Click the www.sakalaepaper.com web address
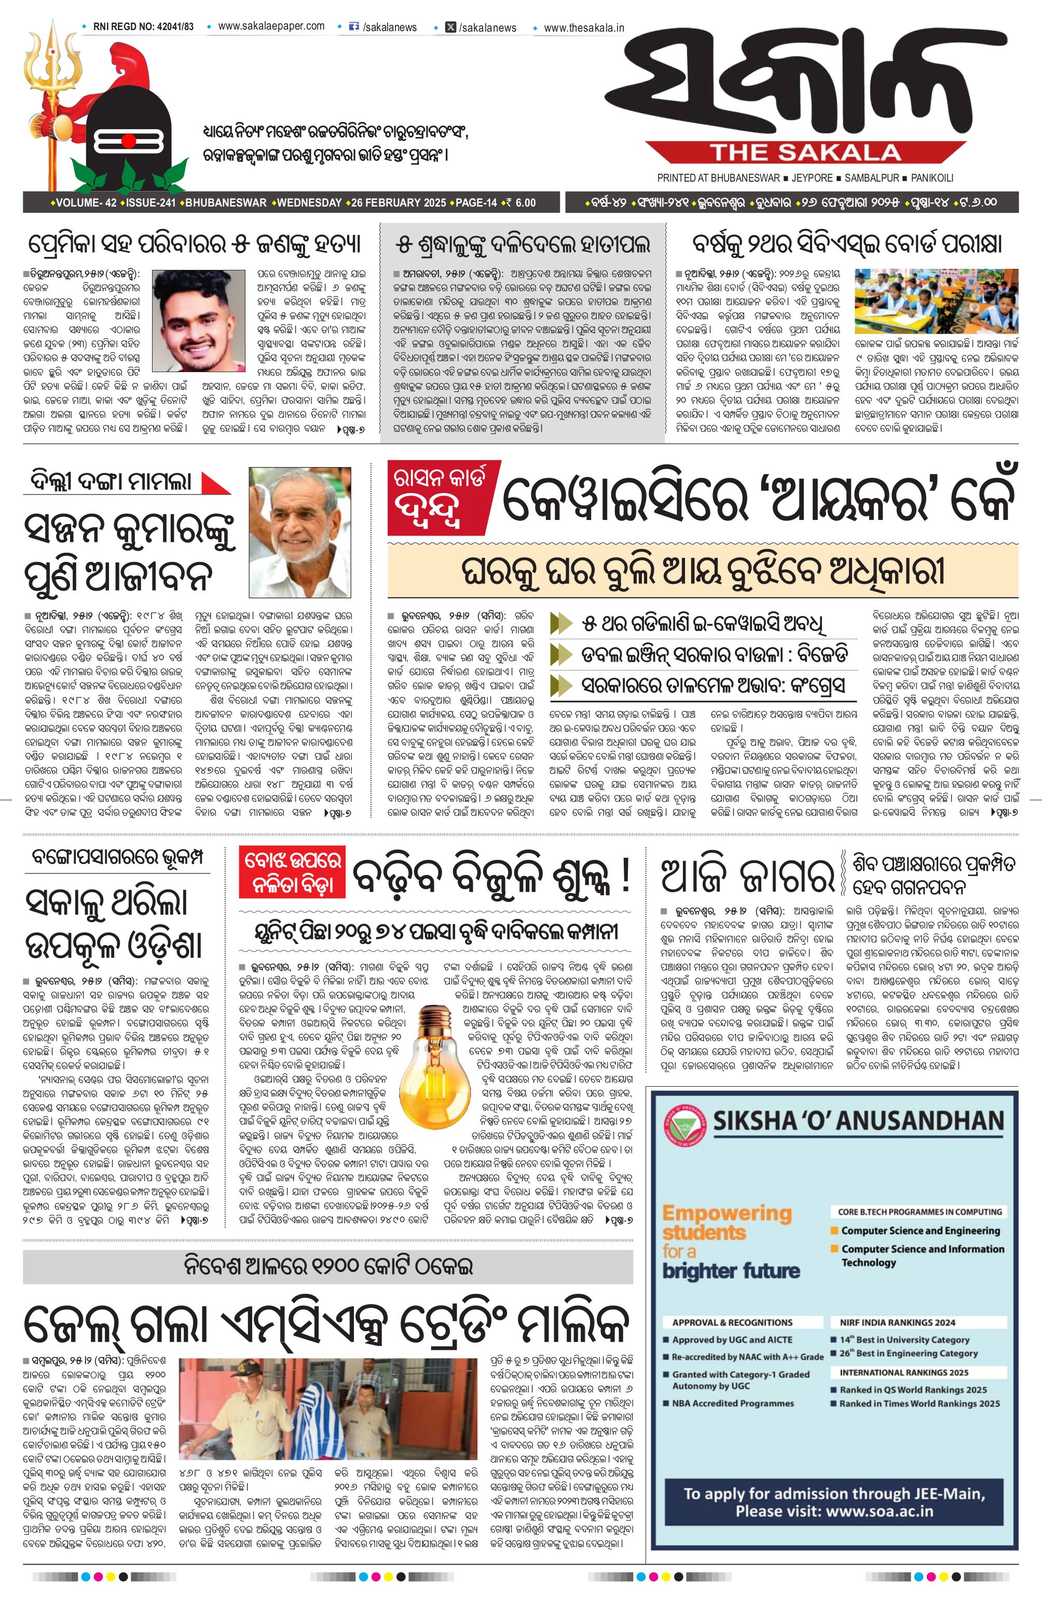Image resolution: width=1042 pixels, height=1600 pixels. [x=271, y=26]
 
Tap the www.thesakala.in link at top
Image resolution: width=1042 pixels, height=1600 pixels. [x=583, y=28]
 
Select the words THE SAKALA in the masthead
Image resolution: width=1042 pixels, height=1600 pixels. [x=805, y=152]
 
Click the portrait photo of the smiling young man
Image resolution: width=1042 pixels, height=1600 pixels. [x=199, y=321]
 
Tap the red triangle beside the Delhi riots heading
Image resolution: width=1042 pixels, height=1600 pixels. [x=215, y=483]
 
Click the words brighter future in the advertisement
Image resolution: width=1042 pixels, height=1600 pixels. [x=731, y=1270]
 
